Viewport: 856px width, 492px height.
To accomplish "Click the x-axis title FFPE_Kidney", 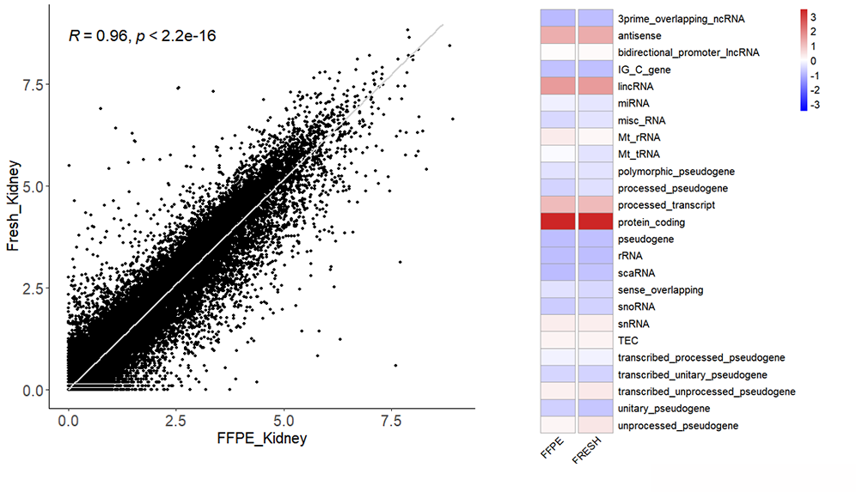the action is pos(261,439).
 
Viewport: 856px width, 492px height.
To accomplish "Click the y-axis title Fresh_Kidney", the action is pos(13,205).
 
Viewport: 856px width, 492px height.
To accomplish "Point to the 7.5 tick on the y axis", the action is pos(33,84).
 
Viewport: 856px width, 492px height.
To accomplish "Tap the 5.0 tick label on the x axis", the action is pos(284,421).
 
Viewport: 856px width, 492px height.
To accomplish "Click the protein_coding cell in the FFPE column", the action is pos(558,222).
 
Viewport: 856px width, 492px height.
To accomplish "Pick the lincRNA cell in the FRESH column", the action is pos(596,86).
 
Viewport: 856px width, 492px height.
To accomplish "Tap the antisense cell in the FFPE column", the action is pos(558,35).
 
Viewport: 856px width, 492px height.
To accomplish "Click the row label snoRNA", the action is pos(637,307).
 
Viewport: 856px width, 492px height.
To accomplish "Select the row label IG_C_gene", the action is pos(645,70).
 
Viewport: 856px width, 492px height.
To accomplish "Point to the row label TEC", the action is pos(627,340).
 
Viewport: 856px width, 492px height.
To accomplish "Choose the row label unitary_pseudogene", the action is pos(663,409).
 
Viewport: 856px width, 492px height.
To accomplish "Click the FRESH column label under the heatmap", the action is pos(586,450).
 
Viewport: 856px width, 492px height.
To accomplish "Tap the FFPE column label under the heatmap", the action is pos(552,447).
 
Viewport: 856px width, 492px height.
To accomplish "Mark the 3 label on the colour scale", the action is pos(813,17).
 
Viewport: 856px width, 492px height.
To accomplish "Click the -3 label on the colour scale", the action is pos(815,105).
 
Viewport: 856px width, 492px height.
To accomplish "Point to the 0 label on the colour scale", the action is pos(813,61).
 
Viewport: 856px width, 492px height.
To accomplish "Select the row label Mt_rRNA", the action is pos(639,137).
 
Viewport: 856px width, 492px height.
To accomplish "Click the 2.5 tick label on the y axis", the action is pos(33,289).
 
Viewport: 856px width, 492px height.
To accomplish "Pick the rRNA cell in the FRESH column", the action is pos(596,255).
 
